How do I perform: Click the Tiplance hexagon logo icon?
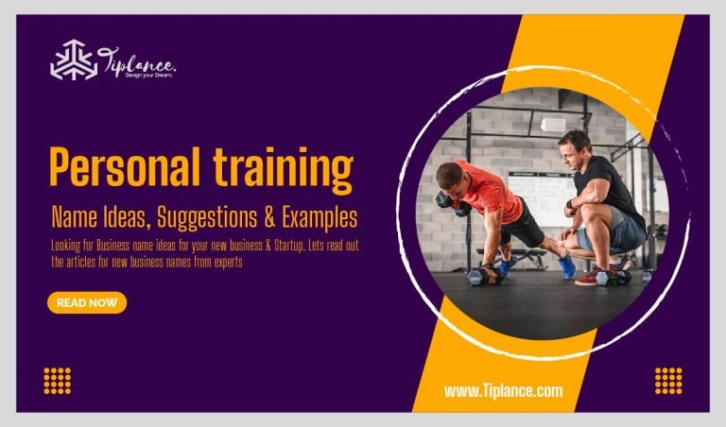(73, 60)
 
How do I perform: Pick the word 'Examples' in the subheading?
(320, 218)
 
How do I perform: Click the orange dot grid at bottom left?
(58, 380)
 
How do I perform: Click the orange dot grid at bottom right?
(668, 380)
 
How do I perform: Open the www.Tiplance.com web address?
(503, 390)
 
